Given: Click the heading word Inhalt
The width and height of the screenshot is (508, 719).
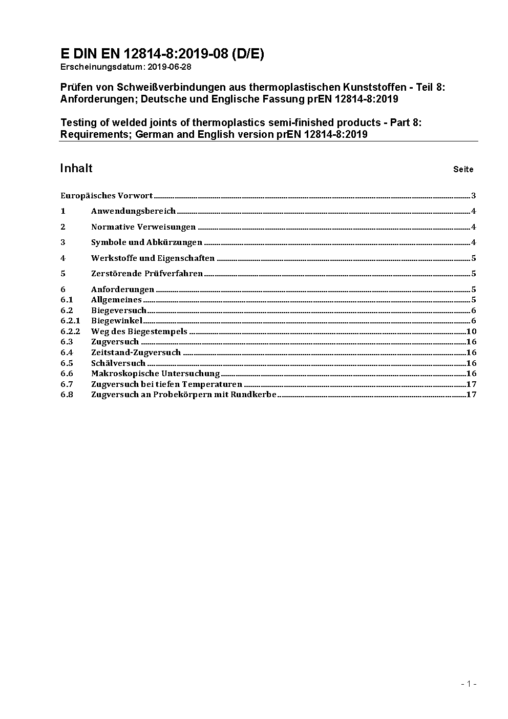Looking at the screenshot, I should point(76,168).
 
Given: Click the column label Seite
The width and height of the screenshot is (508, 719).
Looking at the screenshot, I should point(463,170).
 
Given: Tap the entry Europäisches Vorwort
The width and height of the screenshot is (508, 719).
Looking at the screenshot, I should point(107,195).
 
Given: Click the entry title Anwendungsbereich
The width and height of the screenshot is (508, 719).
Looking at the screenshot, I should point(133,211).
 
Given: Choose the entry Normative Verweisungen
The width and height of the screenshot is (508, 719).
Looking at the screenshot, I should point(143,227).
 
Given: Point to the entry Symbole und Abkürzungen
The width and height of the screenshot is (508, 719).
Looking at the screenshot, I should point(146,242).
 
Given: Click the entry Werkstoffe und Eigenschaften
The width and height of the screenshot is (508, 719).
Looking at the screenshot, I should point(153,258).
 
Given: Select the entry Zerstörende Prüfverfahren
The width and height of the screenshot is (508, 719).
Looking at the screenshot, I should point(147,274).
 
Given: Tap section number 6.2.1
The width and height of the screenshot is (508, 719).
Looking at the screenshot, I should point(70,321).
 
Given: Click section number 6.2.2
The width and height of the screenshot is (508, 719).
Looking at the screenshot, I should point(70,332).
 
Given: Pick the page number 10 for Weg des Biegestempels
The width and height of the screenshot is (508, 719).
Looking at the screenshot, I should point(471,332).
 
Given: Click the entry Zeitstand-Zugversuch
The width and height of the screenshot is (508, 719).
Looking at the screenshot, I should point(136,353).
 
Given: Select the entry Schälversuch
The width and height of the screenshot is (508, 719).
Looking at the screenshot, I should point(118,363).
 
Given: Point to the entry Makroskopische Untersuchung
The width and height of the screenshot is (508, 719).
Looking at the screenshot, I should point(155,374).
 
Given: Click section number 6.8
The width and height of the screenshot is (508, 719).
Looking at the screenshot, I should point(67,395).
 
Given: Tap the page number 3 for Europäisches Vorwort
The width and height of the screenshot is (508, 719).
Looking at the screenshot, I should point(474,196).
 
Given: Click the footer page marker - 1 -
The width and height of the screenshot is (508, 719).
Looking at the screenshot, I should point(469,684).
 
